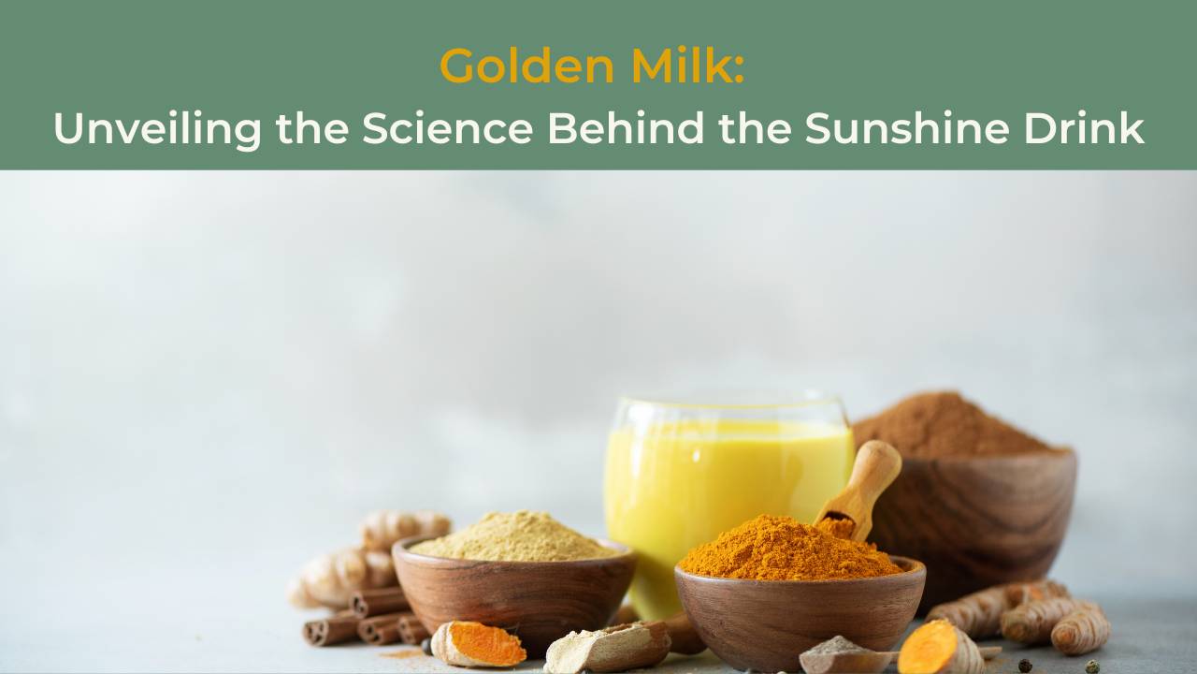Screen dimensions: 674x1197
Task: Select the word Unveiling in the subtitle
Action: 157,128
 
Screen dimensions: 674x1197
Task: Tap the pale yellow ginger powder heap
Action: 514,537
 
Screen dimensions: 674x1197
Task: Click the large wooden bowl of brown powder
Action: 982,515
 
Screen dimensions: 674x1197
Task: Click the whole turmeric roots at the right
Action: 1029,618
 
